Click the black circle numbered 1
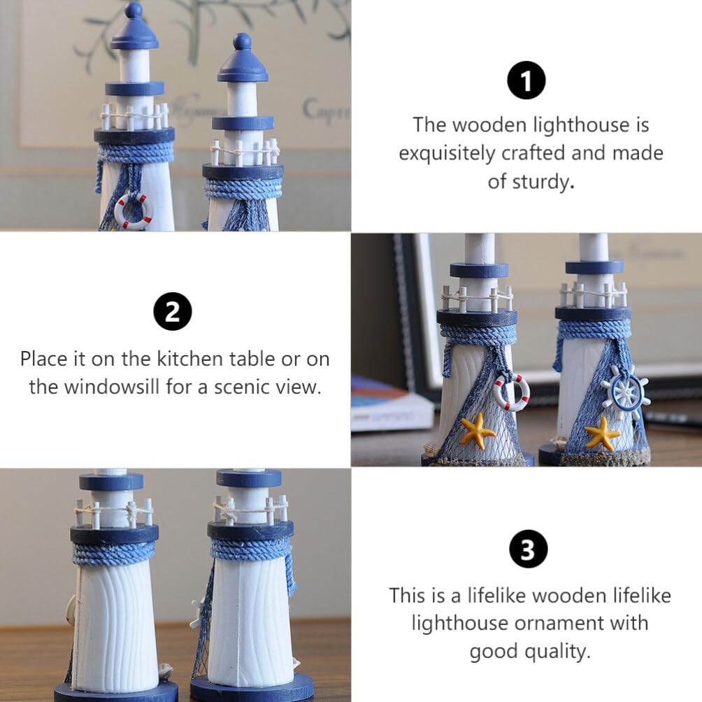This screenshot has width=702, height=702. coord(526,80)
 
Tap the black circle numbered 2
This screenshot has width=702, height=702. coord(173,312)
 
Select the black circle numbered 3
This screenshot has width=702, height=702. coord(529,548)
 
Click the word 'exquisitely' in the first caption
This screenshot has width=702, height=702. coord(447,154)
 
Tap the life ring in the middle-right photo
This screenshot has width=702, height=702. coord(511,393)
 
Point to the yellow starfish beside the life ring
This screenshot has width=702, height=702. coord(478,431)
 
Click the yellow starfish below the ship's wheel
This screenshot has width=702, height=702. coord(602,434)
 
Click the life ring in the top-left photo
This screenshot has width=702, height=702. coord(133,211)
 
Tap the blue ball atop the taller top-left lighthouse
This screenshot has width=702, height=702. coord(134,10)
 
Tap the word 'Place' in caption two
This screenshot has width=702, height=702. coord(43,359)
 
